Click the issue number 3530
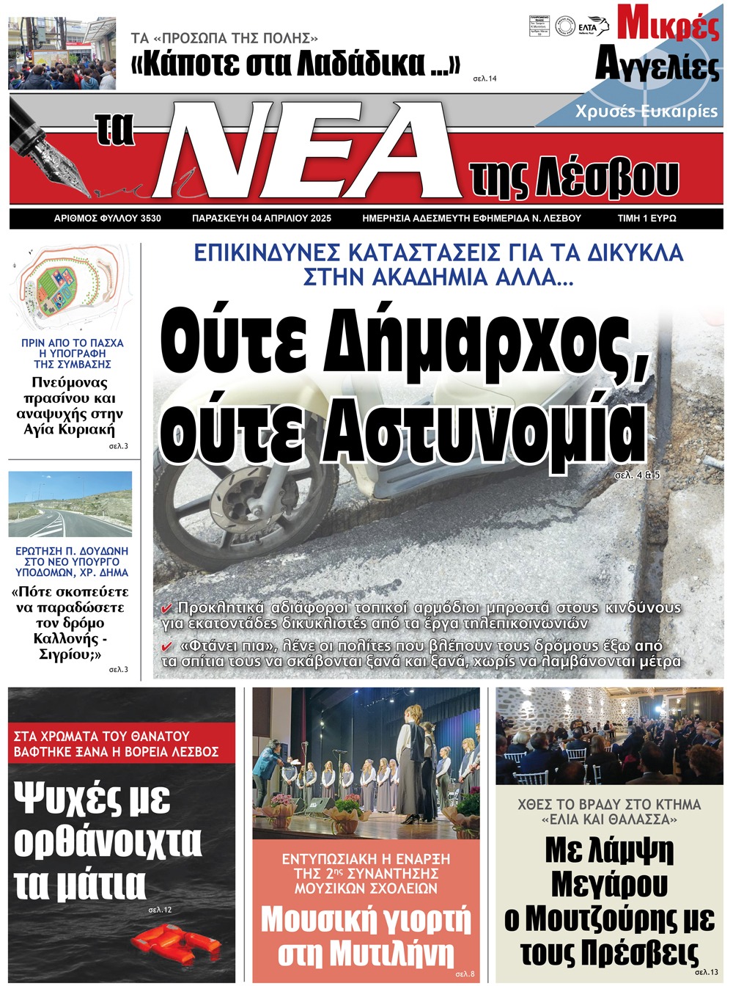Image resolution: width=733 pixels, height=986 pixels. tap(150, 218)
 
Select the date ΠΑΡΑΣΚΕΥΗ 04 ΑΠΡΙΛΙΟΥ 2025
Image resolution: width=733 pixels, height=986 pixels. tap(262, 218)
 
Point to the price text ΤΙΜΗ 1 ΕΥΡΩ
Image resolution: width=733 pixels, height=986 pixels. tap(647, 218)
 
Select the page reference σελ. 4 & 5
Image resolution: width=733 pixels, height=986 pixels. tap(637, 475)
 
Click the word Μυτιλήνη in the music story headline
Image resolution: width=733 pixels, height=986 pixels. tap(391, 954)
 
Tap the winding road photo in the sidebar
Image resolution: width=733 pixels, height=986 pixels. tap(70, 504)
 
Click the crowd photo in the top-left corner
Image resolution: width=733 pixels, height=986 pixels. tap(62, 54)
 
